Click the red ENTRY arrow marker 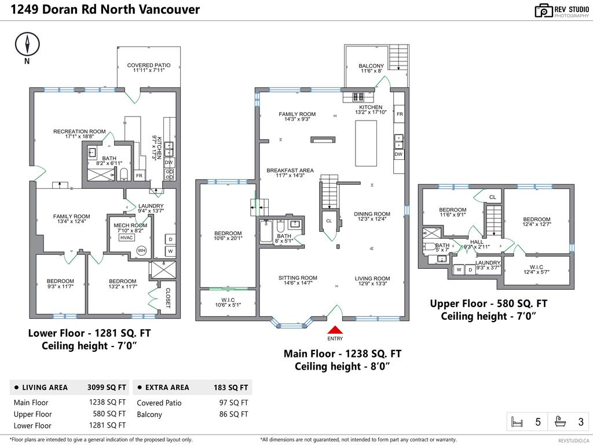pos(335,330)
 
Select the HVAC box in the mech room pos(126,238)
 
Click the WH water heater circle pos(141,250)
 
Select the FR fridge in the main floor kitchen pos(399,114)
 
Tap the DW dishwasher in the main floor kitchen pos(398,154)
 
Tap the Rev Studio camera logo pos(543,10)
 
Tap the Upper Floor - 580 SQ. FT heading pos(488,304)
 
